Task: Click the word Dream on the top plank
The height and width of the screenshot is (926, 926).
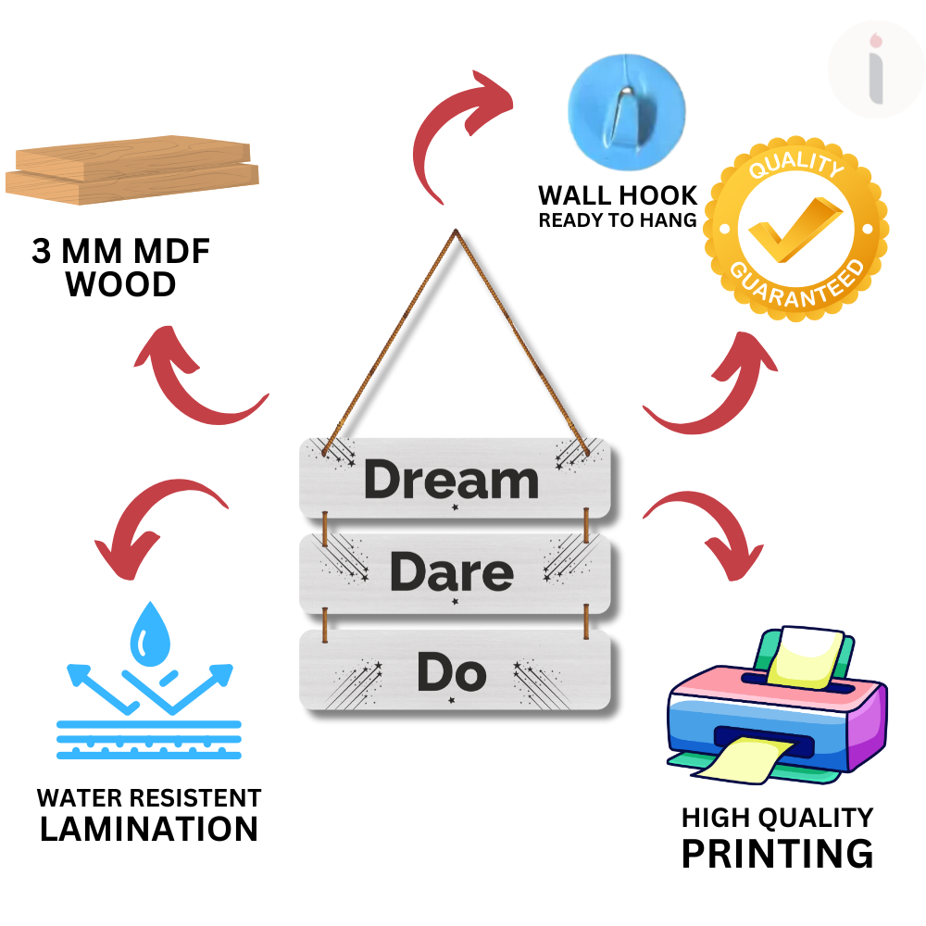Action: (451, 479)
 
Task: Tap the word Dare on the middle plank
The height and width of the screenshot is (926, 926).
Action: (452, 571)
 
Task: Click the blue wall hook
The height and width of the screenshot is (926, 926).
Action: (627, 112)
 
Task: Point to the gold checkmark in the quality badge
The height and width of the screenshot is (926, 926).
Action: (795, 229)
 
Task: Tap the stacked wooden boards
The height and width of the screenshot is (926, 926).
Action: (132, 170)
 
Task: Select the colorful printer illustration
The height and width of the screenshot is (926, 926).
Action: (777, 706)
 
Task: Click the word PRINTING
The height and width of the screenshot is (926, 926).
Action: (777, 854)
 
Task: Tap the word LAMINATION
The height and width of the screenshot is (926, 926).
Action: (149, 829)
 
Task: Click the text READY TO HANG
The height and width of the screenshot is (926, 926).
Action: (618, 220)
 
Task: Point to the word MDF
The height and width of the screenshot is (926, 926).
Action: (171, 251)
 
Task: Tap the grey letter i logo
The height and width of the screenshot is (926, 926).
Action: (876, 69)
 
